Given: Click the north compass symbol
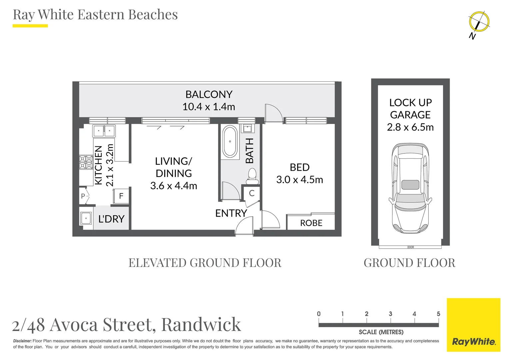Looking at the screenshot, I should click(479, 22).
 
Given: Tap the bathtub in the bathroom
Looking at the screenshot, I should click(230, 142).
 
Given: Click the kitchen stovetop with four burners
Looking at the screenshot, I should click(86, 162).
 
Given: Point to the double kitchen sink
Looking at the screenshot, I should click(104, 131).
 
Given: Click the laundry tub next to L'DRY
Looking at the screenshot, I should click(86, 218).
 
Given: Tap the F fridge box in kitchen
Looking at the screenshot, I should click(121, 196).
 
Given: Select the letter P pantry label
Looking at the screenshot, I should click(83, 196).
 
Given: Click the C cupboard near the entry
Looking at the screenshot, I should click(252, 193).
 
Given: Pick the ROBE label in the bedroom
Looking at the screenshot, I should click(311, 223).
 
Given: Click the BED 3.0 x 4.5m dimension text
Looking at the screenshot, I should click(299, 180).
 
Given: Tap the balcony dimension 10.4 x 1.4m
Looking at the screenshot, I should click(209, 107).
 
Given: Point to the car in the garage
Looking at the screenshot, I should click(410, 188).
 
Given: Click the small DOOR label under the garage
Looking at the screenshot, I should click(410, 247).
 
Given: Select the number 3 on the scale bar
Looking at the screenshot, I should click(390, 314).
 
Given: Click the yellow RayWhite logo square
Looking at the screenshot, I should click(473, 325).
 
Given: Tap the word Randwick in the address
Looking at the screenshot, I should click(201, 324).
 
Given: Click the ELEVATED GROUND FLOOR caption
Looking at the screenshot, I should click(205, 263).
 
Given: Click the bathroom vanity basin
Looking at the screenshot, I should click(248, 128).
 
